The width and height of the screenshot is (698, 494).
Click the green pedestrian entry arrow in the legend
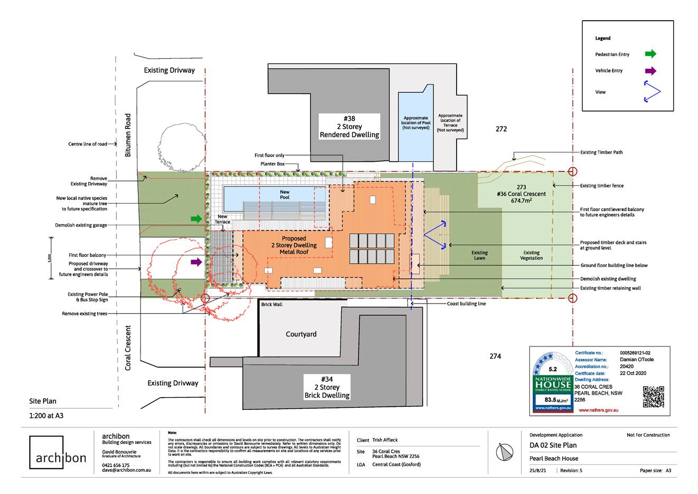(650, 53)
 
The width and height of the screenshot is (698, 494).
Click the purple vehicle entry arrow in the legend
(650, 71)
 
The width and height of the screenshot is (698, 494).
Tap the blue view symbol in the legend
(652, 92)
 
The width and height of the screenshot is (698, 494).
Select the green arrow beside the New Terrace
(197, 218)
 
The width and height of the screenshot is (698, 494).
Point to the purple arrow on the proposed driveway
(197, 261)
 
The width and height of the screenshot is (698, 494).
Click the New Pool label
(284, 195)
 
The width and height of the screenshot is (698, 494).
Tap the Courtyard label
(301, 334)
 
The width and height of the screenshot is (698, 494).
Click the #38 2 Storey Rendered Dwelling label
(349, 126)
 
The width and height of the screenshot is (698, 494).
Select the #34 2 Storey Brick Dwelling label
(327, 387)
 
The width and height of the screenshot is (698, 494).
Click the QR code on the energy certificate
(653, 397)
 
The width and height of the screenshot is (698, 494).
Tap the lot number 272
(501, 129)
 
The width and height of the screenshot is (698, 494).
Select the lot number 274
(495, 356)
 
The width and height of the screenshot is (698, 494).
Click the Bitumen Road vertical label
(128, 135)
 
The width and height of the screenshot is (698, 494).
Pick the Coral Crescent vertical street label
(128, 347)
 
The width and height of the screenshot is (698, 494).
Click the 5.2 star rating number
(553, 369)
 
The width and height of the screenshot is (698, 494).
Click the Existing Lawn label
(479, 255)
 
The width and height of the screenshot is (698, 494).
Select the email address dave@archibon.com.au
(126, 470)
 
